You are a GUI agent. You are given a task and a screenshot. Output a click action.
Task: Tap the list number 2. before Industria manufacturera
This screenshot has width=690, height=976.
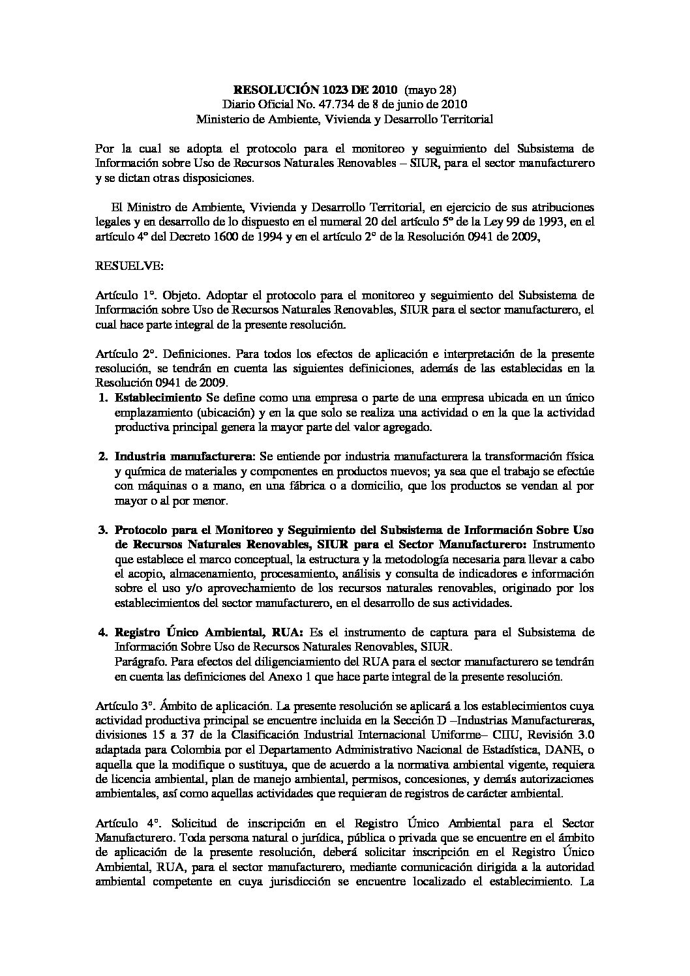click(x=103, y=456)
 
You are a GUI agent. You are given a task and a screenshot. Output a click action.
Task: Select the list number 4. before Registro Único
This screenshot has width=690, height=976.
click(x=103, y=632)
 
